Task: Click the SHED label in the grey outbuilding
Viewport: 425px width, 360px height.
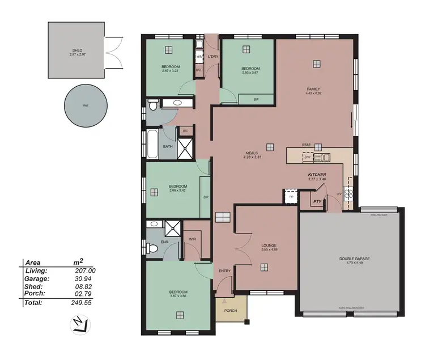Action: click(x=76, y=50)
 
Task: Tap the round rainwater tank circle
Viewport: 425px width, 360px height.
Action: click(x=86, y=105)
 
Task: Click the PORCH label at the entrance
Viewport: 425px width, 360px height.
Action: click(x=230, y=311)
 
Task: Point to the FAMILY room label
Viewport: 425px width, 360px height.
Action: click(x=313, y=89)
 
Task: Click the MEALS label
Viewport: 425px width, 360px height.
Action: click(x=252, y=153)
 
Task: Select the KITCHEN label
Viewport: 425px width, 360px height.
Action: click(x=317, y=175)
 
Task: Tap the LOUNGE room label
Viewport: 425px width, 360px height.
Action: click(x=269, y=245)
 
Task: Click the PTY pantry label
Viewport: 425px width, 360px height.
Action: click(x=318, y=200)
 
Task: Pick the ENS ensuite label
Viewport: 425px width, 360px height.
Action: click(x=164, y=242)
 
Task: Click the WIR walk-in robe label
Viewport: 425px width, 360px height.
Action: click(x=192, y=239)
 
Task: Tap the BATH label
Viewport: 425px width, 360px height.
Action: click(x=168, y=147)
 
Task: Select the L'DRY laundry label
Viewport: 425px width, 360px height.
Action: click(x=213, y=57)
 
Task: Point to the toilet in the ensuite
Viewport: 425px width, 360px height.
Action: click(x=151, y=248)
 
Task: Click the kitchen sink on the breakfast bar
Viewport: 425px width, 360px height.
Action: click(x=322, y=158)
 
